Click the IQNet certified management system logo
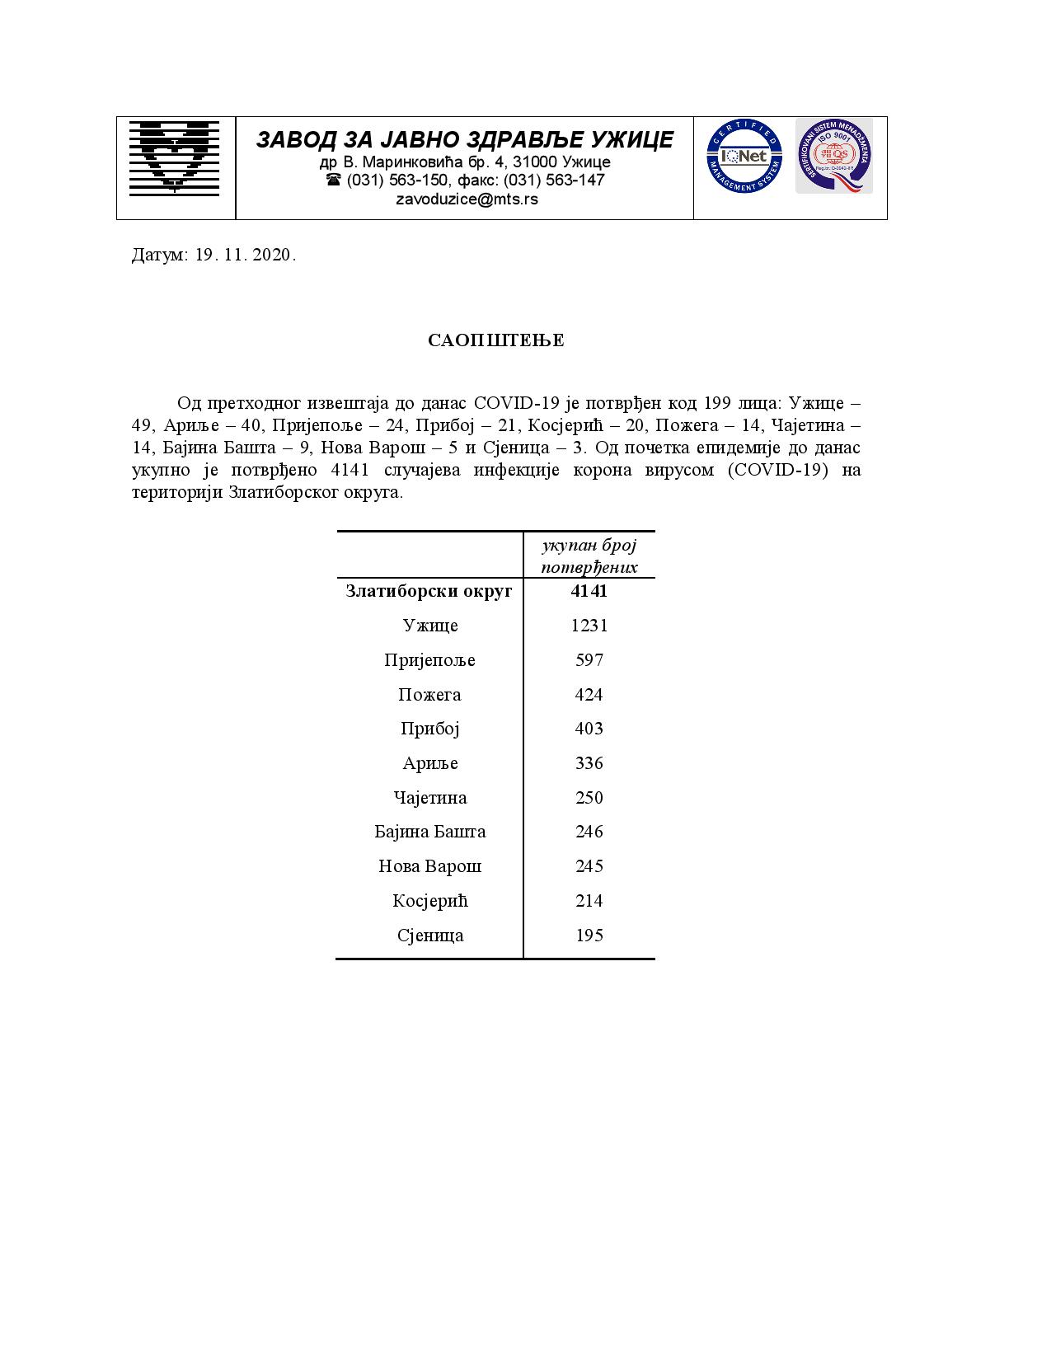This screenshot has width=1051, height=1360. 744,156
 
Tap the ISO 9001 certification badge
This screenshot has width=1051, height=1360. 833,156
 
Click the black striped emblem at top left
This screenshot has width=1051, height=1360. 175,157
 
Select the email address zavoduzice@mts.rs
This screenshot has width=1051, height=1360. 467,199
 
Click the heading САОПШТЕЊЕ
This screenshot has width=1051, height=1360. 496,341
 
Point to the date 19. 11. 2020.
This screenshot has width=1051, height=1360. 245,255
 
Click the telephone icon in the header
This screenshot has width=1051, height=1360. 334,180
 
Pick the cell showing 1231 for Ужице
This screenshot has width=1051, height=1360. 589,626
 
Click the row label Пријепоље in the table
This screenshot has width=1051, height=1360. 429,660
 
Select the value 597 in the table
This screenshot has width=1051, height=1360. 589,660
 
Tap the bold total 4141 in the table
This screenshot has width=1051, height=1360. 589,591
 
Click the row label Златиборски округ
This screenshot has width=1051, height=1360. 429,591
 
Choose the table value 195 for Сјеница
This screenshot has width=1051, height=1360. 589,936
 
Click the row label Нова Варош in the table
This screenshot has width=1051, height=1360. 429,866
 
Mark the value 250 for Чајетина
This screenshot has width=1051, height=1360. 589,798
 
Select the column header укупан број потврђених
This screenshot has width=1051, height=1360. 589,556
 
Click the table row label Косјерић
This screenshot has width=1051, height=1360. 429,901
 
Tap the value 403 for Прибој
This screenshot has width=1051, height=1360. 589,729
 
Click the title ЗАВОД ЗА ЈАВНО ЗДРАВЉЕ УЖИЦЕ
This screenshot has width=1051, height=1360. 465,139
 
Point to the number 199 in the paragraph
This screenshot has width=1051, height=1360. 718,404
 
